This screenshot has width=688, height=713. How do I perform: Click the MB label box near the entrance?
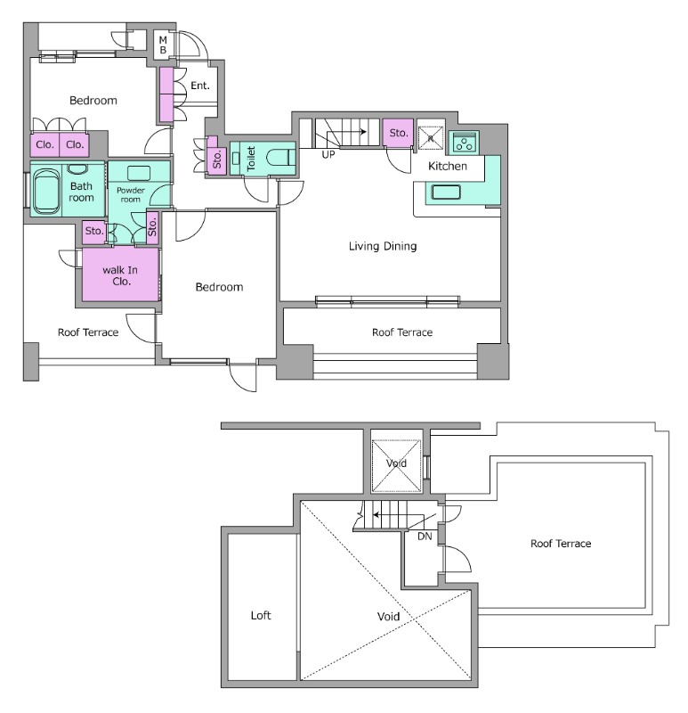pyautogui.click(x=163, y=45)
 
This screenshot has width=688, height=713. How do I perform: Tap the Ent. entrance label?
pyautogui.click(x=200, y=86)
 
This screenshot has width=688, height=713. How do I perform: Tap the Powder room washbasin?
pyautogui.click(x=139, y=173)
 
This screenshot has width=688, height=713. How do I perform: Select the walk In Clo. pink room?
pyautogui.click(x=120, y=275)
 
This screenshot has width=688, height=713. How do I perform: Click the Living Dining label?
pyautogui.click(x=383, y=246)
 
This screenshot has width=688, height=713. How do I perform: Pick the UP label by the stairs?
pyautogui.click(x=328, y=154)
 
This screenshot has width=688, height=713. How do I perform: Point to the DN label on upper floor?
pyautogui.click(x=424, y=536)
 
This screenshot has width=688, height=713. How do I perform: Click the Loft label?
pyautogui.click(x=260, y=616)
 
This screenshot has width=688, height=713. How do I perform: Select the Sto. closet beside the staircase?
pyautogui.click(x=398, y=133)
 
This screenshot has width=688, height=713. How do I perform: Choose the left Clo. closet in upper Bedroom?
pyautogui.click(x=45, y=144)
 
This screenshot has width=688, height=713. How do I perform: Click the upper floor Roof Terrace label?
pyautogui.click(x=560, y=543)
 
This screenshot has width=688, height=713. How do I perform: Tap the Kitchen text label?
pyautogui.click(x=447, y=167)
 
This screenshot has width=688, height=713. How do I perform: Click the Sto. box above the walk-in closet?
pyautogui.click(x=93, y=232)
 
